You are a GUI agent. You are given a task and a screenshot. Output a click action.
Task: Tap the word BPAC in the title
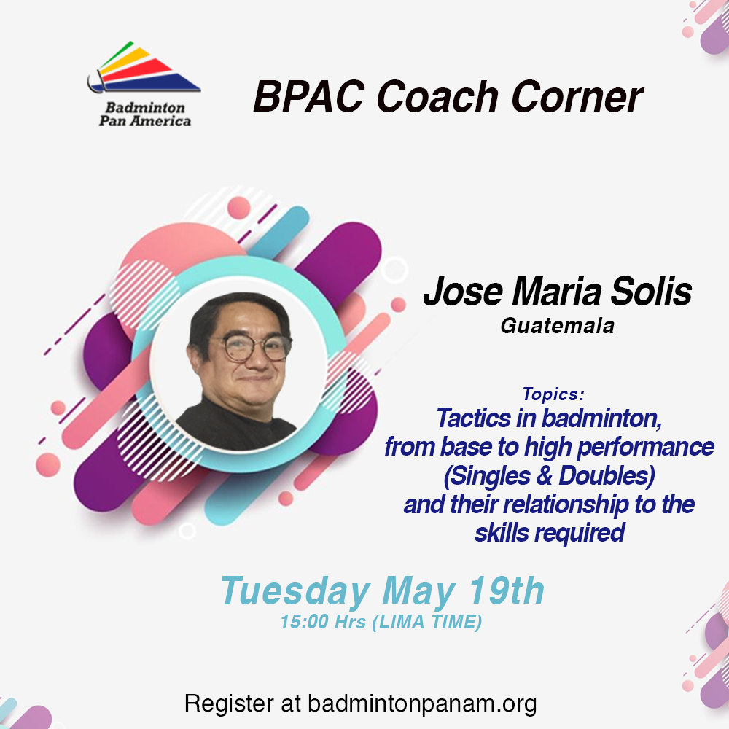click(x=308, y=97)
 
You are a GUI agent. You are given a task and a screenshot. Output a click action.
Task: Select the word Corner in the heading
click(x=577, y=97)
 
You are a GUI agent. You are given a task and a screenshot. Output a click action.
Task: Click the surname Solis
click(x=651, y=292)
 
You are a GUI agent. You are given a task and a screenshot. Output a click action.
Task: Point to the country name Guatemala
click(x=558, y=326)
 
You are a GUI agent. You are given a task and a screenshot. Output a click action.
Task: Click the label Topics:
click(x=553, y=394)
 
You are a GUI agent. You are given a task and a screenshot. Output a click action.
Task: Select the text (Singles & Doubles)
click(x=549, y=476)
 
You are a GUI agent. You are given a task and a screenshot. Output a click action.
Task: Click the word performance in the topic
click(x=645, y=448)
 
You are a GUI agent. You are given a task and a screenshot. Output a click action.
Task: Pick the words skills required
click(x=550, y=533)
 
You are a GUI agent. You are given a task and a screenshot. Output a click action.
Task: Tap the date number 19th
click(x=507, y=590)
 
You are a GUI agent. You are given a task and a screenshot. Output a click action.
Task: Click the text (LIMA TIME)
click(x=426, y=623)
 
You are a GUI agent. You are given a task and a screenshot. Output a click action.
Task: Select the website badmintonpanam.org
click(x=422, y=703)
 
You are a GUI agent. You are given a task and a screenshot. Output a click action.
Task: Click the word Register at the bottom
click(x=229, y=703)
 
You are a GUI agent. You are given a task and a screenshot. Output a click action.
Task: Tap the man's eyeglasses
click(x=254, y=347)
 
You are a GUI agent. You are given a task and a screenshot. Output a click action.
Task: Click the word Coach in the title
click(x=437, y=97)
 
